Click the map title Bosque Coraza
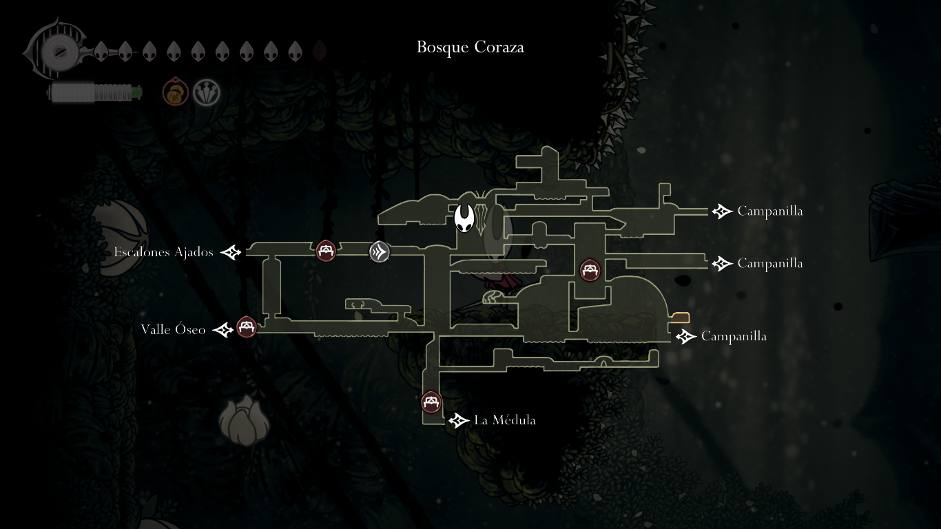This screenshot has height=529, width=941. [x=470, y=47]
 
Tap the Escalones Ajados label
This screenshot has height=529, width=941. [x=164, y=252]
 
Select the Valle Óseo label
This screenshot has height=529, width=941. [x=173, y=330]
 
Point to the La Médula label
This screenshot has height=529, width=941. [x=505, y=420]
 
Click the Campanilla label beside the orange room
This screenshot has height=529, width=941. [x=734, y=336]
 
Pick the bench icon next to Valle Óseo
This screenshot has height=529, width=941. [x=246, y=326]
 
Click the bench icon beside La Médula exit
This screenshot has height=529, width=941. [x=431, y=402]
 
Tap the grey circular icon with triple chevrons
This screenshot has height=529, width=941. [x=379, y=252]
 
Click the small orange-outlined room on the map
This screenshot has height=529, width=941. [x=680, y=318]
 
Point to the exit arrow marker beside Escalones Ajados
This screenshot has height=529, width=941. [x=231, y=253]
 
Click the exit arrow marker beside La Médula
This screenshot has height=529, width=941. [x=459, y=420]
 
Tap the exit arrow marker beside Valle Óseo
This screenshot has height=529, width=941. [x=223, y=331]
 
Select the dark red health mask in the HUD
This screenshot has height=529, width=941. [x=319, y=51]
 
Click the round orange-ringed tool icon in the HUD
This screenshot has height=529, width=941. [x=176, y=92]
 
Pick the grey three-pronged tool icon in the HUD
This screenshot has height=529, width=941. [x=206, y=92]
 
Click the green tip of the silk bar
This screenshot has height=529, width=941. [x=138, y=91]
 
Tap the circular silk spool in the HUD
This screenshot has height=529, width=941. [x=54, y=51]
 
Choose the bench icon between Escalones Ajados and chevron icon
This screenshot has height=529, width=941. [x=326, y=251]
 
